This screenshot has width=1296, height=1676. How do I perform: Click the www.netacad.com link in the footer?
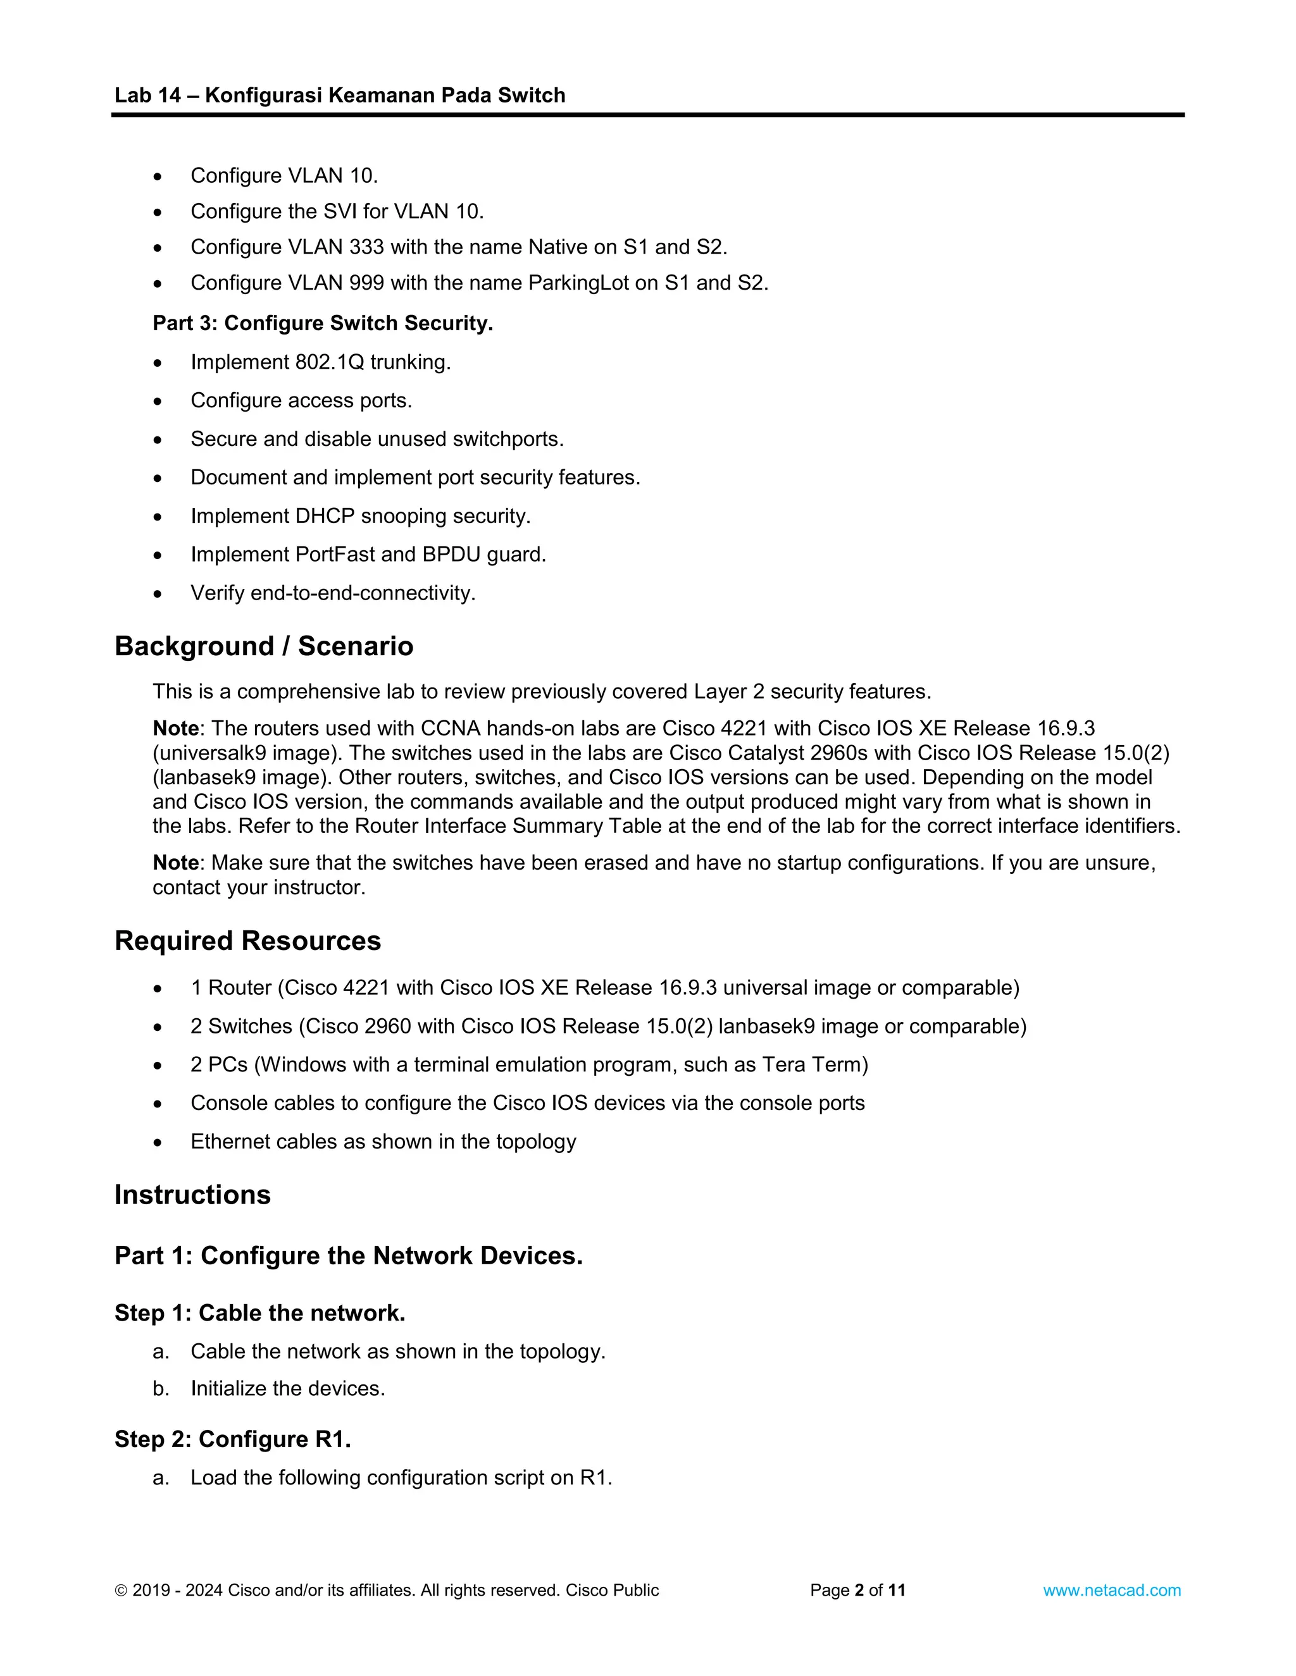[x=1111, y=1590]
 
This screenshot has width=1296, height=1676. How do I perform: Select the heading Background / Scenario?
[x=263, y=646]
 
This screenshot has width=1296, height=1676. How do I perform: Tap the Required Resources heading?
[x=247, y=941]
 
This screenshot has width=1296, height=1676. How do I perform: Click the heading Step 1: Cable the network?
[x=259, y=1313]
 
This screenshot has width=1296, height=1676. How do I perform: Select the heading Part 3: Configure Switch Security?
[x=323, y=323]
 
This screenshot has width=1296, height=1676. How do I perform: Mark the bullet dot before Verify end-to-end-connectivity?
[x=158, y=594]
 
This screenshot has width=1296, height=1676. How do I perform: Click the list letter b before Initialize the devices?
[x=161, y=1388]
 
